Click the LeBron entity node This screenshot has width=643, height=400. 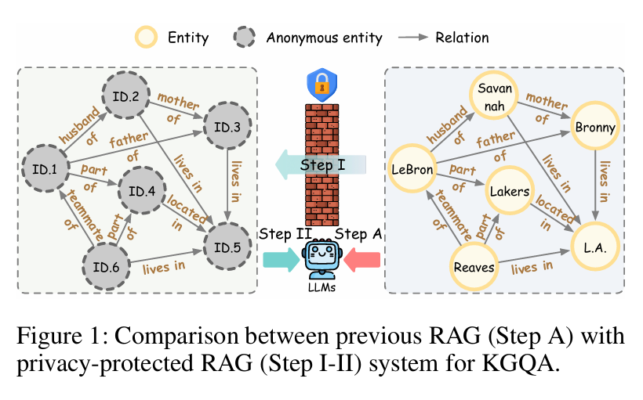tap(413, 168)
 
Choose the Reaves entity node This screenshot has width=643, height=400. tap(474, 268)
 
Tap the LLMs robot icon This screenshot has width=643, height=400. tap(321, 258)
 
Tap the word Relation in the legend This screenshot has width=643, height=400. tap(463, 37)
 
